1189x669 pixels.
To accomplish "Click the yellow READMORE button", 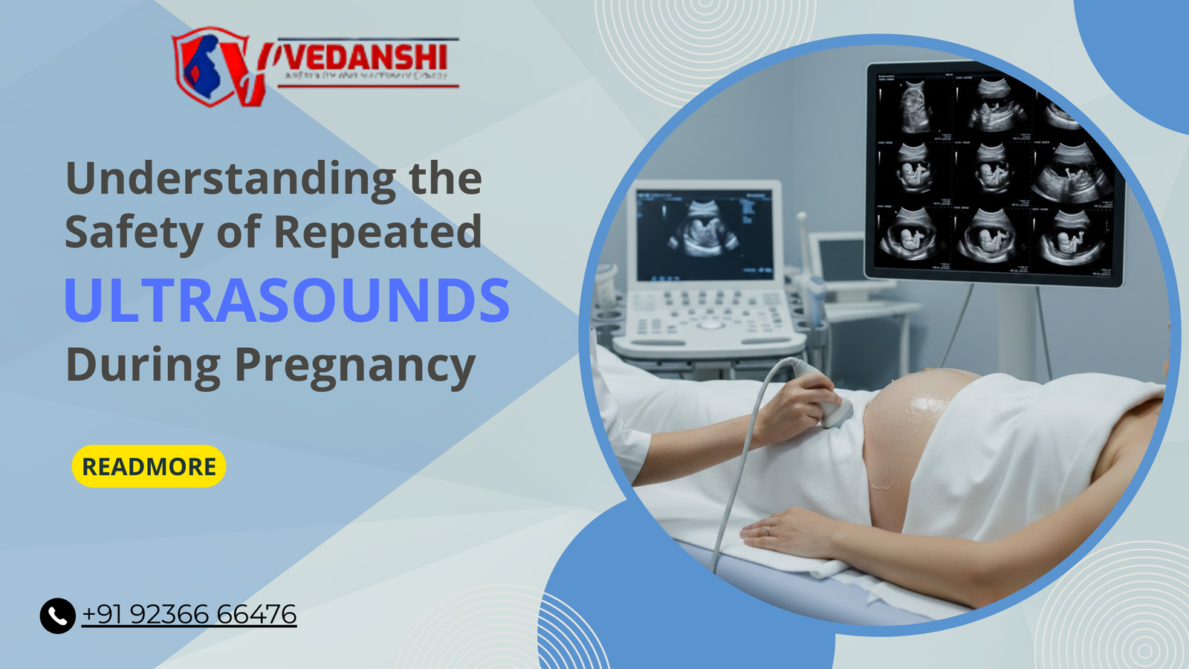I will [149, 467].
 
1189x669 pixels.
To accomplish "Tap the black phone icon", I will [57, 615].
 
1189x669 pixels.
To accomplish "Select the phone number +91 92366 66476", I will [189, 615].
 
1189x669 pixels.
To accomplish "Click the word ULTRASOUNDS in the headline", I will [287, 300].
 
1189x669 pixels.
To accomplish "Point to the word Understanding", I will [230, 180].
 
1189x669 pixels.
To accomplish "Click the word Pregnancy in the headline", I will [354, 366].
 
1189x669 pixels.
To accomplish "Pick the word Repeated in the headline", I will [378, 232].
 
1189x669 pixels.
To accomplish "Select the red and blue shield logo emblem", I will [212, 67].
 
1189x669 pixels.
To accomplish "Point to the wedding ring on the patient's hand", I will [767, 531].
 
